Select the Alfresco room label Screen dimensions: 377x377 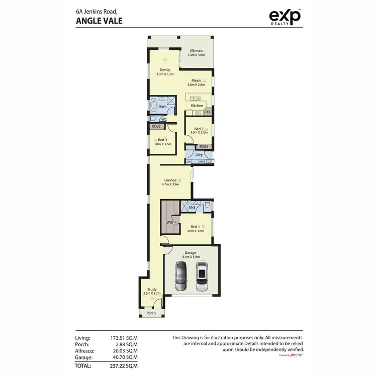click(196, 50)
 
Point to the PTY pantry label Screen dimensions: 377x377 click(207, 112)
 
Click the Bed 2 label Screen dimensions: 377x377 click(199, 129)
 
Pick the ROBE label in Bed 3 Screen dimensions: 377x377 click(155, 127)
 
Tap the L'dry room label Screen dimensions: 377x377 click(198, 154)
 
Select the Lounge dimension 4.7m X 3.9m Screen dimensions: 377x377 click(170, 185)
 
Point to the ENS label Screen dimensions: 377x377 click(192, 207)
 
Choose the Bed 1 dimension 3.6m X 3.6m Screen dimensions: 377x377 click(196, 231)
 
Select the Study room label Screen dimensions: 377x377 click(152, 290)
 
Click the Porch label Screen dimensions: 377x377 click(151, 313)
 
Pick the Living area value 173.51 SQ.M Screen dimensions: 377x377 click(122, 338)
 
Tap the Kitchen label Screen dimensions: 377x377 click(197, 106)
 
